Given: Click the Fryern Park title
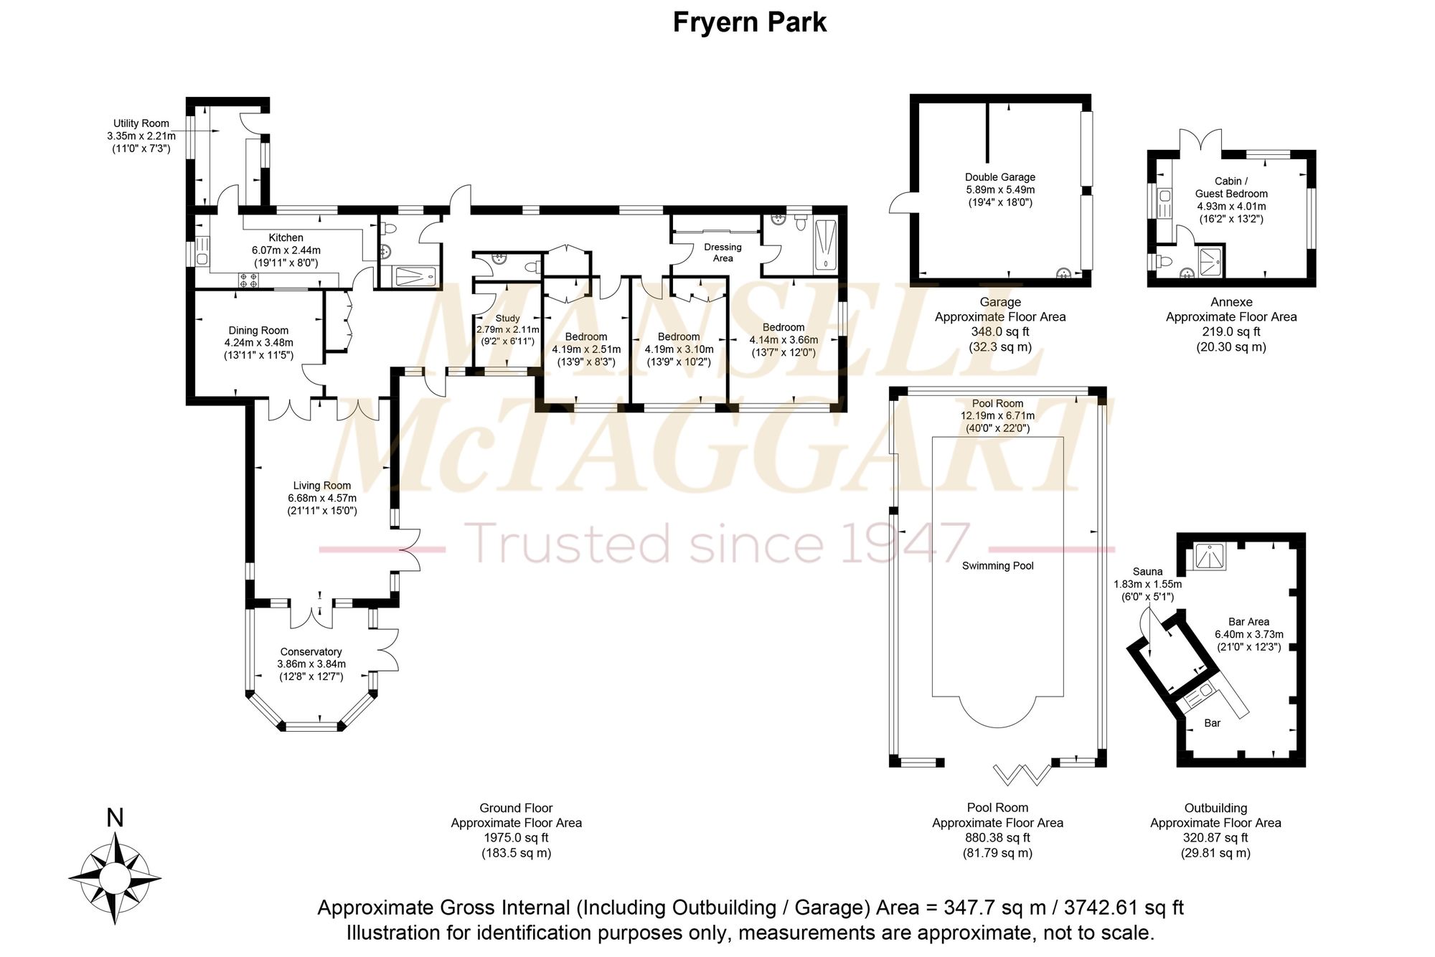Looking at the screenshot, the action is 749,22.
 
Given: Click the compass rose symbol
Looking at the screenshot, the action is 115,877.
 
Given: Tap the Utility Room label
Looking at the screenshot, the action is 141,123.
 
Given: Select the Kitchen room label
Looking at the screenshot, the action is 286,237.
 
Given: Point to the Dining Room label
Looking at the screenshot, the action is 258,331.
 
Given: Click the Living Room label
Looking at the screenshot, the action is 322,486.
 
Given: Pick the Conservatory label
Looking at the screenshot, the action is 311,652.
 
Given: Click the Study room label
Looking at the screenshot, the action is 507,319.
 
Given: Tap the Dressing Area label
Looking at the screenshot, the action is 723,253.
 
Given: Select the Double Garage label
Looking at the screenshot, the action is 999,177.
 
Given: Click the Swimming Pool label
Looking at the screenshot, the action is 998,566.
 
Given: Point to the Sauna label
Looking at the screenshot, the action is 1147,572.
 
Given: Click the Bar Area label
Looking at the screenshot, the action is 1248,622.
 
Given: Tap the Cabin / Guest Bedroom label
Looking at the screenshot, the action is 1231,187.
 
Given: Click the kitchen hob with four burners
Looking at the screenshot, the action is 248,280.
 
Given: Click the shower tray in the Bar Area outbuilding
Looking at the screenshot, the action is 1210,556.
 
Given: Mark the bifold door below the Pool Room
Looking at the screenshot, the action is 1022,773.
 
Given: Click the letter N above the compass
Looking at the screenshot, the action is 115,818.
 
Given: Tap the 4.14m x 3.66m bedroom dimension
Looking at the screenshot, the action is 784,340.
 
